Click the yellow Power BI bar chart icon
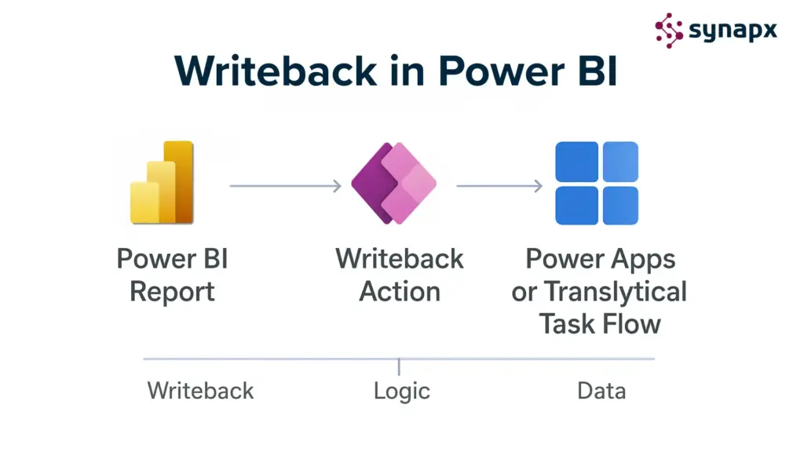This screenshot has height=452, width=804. [x=162, y=182]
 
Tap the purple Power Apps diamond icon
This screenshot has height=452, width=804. [x=393, y=183]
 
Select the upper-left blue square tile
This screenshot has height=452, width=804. [x=576, y=162]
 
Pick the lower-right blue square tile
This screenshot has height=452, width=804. [x=619, y=204]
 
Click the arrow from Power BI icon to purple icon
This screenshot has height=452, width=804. [x=285, y=186]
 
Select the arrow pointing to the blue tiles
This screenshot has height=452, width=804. [x=499, y=186]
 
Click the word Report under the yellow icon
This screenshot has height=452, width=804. [x=172, y=292]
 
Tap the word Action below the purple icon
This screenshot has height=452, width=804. [x=400, y=292]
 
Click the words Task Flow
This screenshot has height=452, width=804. [x=600, y=323]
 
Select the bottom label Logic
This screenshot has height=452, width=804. [x=402, y=391]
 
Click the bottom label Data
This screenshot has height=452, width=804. [x=601, y=391]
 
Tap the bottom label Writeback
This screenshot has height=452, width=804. [x=200, y=391]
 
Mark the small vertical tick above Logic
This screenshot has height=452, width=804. [x=400, y=366]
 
